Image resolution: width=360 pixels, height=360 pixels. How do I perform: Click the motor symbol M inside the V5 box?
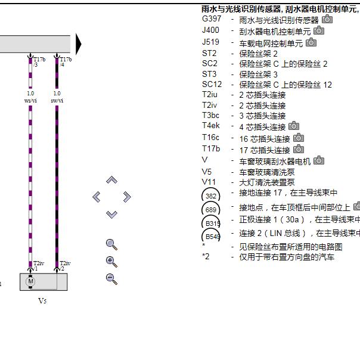pyautogui.click(x=31, y=281)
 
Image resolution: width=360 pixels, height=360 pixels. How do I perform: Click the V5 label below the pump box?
pyautogui.click(x=42, y=301)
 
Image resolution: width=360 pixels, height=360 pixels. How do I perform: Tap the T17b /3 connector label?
pyautogui.click(x=39, y=61)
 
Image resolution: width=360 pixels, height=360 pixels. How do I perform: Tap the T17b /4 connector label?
pyautogui.click(x=65, y=61)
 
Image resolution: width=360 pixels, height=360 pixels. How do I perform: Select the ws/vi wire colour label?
pyautogui.click(x=30, y=101)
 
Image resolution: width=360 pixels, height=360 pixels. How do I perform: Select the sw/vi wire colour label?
pyautogui.click(x=57, y=101)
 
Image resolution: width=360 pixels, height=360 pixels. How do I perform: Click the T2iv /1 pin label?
pyautogui.click(x=38, y=266)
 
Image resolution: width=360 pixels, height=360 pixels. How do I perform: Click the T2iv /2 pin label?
pyautogui.click(x=64, y=266)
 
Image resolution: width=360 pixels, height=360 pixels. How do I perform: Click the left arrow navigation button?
pyautogui.click(x=97, y=197)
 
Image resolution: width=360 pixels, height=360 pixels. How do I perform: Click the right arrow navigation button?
pyautogui.click(x=126, y=197)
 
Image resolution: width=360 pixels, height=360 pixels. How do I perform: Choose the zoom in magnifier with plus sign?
pyautogui.click(x=111, y=261)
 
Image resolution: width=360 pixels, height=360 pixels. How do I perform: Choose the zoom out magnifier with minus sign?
pyautogui.click(x=111, y=278)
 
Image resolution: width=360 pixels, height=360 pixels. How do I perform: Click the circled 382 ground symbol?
pyautogui.click(x=211, y=195)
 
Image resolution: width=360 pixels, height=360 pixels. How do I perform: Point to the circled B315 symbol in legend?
pyautogui.click(x=211, y=223)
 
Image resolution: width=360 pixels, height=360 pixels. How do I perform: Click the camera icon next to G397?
pyautogui.click(x=327, y=20)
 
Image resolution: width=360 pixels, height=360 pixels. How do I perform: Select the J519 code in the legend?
pyautogui.click(x=210, y=42)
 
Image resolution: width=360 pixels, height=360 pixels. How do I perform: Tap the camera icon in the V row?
pyautogui.click(x=319, y=160)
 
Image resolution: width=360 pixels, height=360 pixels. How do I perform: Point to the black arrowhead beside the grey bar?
pyautogui.click(x=79, y=44)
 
